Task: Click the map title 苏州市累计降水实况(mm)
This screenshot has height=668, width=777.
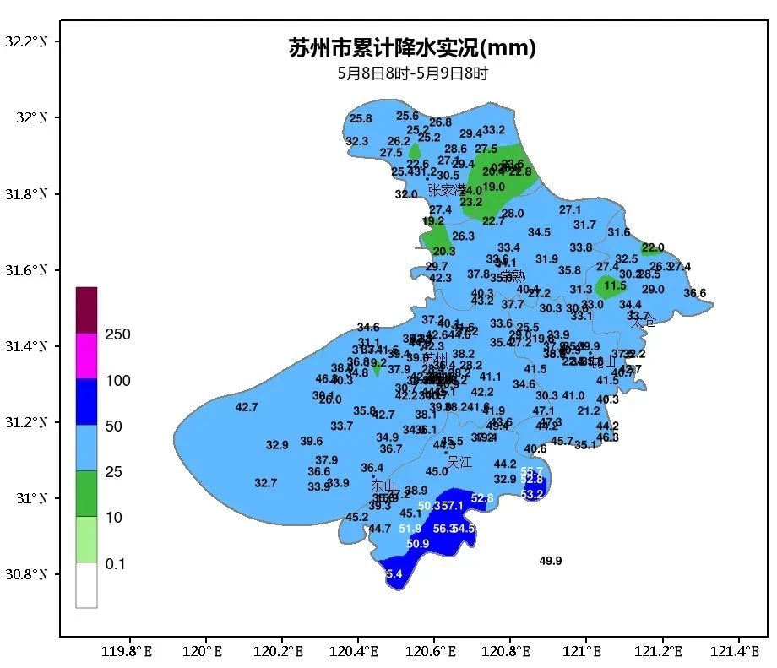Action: click(412, 48)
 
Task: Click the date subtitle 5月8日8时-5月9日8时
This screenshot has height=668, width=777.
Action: click(412, 73)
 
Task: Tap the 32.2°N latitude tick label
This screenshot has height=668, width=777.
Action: click(26, 41)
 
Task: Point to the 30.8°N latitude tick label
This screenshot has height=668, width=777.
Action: click(26, 574)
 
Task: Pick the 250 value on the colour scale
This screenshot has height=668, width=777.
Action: click(117, 335)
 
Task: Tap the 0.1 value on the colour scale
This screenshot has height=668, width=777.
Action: click(115, 563)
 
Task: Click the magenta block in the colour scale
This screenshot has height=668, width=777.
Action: click(86, 356)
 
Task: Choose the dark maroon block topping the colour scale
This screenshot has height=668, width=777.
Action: click(86, 310)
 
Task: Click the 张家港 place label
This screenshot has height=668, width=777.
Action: click(447, 190)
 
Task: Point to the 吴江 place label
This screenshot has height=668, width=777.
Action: click(459, 462)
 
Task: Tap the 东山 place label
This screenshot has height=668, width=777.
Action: click(383, 486)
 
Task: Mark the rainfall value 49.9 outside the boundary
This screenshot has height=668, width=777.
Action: click(551, 561)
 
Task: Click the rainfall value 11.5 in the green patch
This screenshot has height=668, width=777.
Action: click(615, 286)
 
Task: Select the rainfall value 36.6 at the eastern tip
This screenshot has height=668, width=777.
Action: click(694, 294)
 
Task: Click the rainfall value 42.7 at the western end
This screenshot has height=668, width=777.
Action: click(247, 407)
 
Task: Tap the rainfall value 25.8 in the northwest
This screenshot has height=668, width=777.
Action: click(361, 119)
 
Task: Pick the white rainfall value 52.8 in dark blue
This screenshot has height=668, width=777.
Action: click(482, 498)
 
